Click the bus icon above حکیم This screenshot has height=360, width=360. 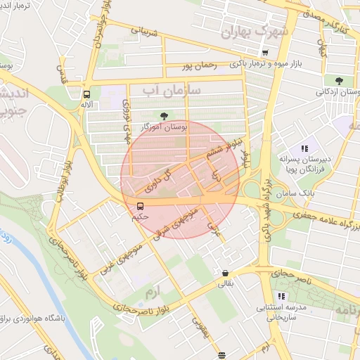[x=140, y=206]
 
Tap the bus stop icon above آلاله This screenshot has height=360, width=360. [x=86, y=94]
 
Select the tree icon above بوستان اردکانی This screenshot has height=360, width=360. [x=340, y=81]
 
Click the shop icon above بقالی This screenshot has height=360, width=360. [x=224, y=274]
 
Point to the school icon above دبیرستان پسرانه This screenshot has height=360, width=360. [x=304, y=148]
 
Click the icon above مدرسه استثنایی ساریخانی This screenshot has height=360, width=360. [x=282, y=296]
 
